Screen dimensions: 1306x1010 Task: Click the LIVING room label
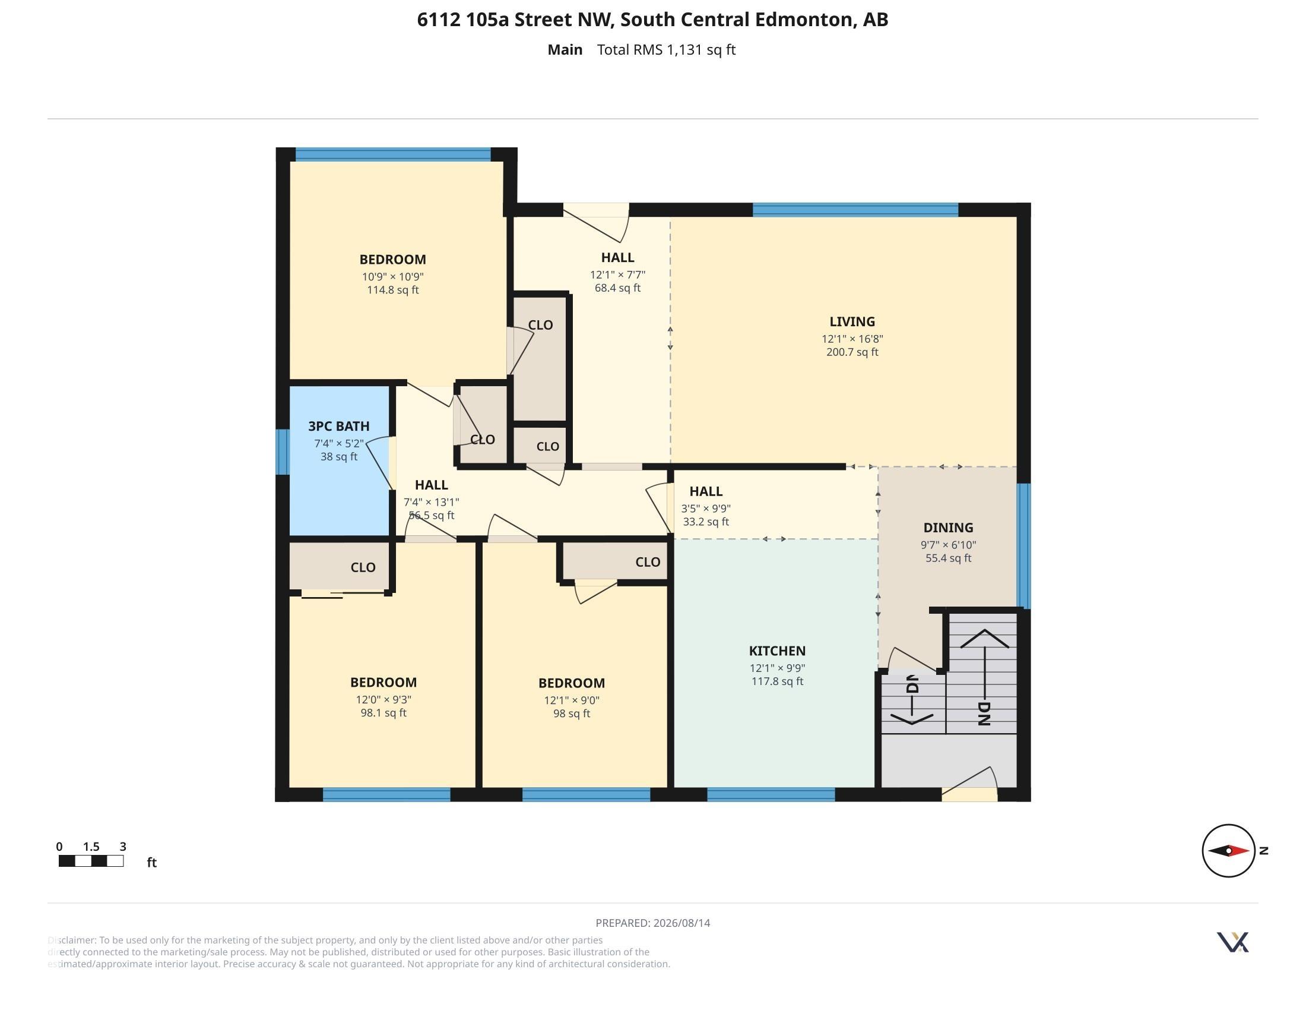852,322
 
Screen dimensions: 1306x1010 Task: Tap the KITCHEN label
778,651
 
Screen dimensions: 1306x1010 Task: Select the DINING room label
949,528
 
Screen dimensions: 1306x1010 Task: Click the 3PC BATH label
339,426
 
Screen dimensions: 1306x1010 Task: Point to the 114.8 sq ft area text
393,290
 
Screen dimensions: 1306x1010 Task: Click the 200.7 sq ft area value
852,352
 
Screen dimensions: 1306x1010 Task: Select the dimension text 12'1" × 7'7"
618,275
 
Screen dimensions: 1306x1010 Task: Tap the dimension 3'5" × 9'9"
706,509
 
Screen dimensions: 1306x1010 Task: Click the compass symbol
1229,850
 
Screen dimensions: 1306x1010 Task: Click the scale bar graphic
91,861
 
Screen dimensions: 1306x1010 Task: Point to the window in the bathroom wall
283,452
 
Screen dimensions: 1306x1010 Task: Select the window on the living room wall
855,210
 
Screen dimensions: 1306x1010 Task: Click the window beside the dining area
1024,546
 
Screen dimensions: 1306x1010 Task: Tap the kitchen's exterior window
771,794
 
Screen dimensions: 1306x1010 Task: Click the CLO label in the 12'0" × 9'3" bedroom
363,567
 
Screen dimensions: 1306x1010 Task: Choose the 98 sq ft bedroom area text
572,714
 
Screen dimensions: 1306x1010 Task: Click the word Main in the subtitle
565,50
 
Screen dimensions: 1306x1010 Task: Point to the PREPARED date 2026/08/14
681,923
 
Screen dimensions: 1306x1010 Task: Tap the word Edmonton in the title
804,20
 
